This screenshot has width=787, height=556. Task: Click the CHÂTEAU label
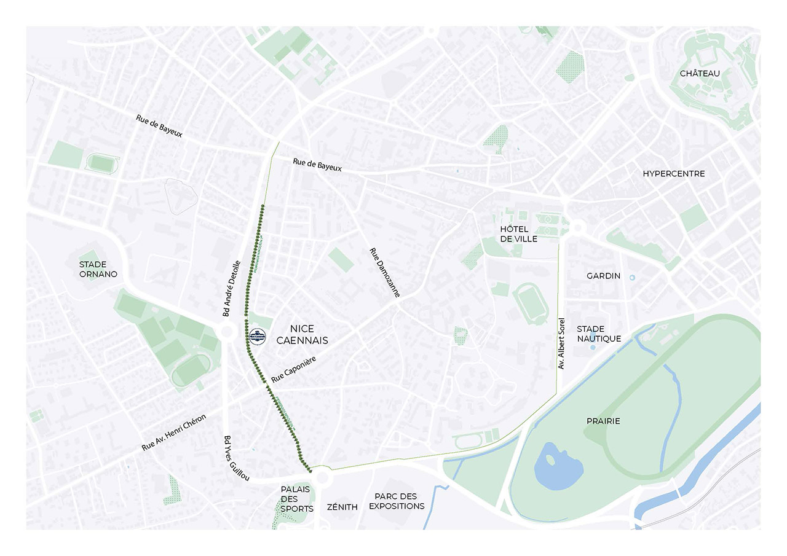coord(700,73)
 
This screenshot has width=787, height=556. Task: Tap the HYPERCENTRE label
coord(674,174)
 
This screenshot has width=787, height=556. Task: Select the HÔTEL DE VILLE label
coord(518,234)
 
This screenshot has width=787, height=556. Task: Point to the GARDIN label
coord(603,276)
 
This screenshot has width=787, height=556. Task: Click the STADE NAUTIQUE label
coord(598,334)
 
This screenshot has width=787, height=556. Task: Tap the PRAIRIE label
coord(603,421)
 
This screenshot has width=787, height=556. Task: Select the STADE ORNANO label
coord(98,269)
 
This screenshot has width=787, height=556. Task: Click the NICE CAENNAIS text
coord(302,334)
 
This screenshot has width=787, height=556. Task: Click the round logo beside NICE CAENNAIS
coord(257,336)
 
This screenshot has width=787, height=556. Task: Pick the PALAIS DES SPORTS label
coord(297,499)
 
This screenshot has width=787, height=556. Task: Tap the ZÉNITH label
coord(343,507)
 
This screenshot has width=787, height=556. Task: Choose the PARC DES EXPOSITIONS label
coord(399,501)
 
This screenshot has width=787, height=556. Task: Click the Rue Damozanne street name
coord(385,273)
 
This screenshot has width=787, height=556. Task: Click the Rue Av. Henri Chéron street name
coord(174,433)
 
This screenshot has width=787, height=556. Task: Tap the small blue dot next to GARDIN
coord(632,278)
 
